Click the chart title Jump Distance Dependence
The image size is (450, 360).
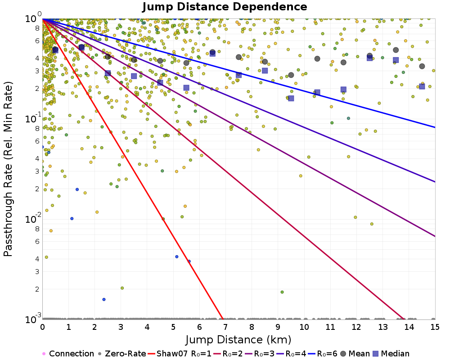225,7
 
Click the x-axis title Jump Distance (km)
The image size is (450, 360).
238,339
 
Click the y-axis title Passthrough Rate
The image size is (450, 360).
8,169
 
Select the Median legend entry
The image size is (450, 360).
391,354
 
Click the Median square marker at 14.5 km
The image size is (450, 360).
422,86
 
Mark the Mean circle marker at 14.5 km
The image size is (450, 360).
422,66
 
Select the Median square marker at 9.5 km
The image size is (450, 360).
291,98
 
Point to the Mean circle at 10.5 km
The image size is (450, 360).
317,58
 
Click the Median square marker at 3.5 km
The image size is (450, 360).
134,76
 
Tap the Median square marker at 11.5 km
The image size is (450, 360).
343,89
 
